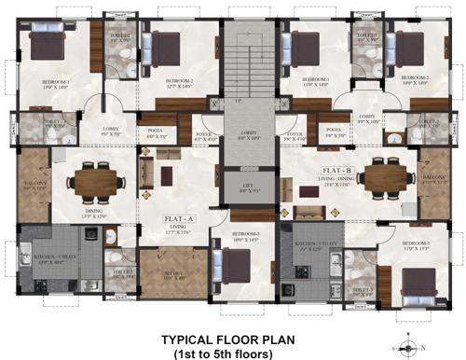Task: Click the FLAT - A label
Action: pyautogui.click(x=177, y=220)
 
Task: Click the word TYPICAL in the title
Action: pyautogui.click(x=193, y=339)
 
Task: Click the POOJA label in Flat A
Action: pyautogui.click(x=156, y=132)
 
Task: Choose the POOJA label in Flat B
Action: pyautogui.click(x=333, y=132)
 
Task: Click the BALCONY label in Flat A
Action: pyautogui.click(x=34, y=183)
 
